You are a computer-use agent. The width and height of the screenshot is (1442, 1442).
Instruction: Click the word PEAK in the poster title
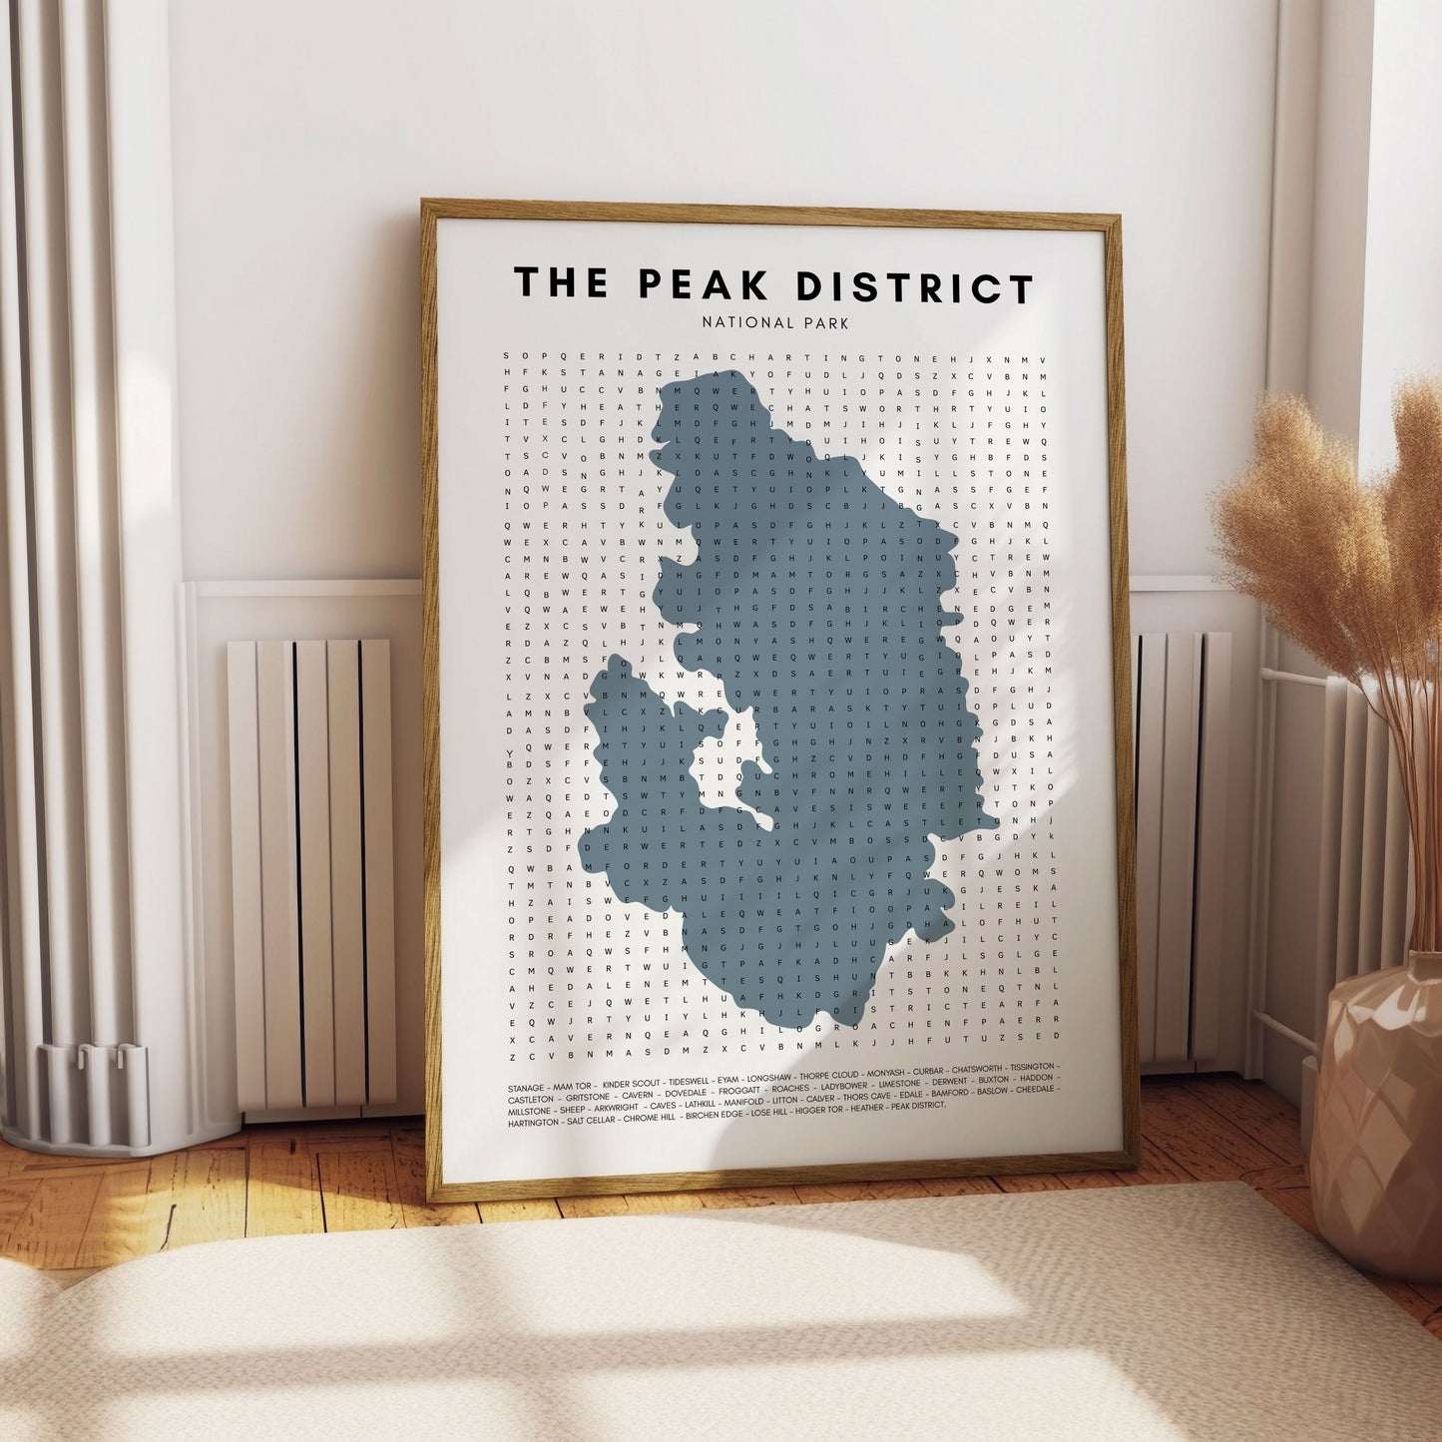pyautogui.click(x=705, y=284)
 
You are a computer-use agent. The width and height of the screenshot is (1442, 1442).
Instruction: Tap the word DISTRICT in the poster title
pyautogui.click(x=914, y=287)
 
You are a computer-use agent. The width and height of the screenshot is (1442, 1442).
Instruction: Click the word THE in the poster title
pyautogui.click(x=561, y=282)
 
